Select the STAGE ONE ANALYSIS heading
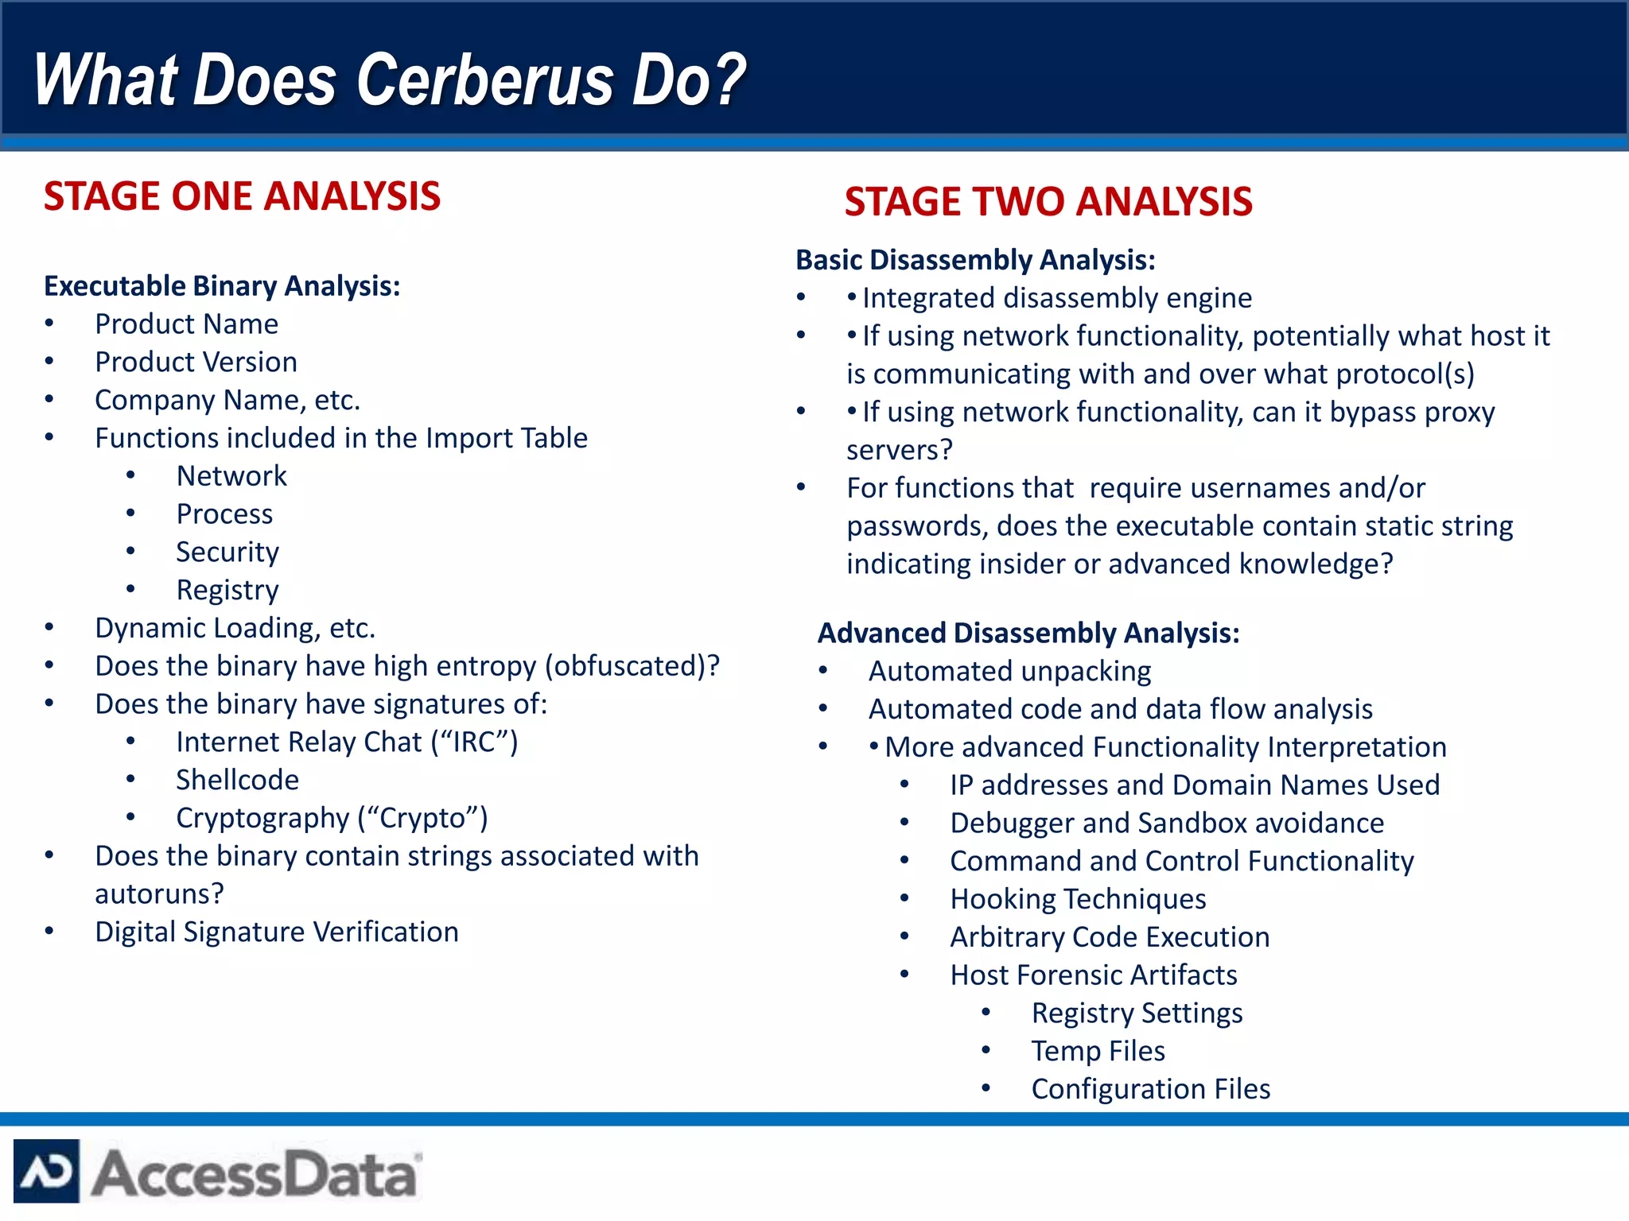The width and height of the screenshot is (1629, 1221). [242, 196]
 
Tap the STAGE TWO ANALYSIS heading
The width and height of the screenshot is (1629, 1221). [1048, 202]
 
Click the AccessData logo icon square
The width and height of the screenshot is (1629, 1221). [46, 1172]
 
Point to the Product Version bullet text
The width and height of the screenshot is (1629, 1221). [196, 362]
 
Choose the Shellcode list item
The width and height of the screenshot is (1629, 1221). [237, 780]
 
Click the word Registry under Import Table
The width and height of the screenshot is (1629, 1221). [227, 590]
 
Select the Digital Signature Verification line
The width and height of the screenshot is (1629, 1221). [276, 932]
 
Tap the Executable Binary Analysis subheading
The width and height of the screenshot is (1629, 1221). [222, 286]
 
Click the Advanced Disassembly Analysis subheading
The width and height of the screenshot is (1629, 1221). [1028, 634]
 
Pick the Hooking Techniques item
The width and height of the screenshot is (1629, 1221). [1078, 899]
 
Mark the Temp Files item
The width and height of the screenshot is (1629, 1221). [1098, 1051]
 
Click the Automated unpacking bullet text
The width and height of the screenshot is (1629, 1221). [1009, 672]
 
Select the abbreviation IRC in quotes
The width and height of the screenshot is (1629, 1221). [475, 742]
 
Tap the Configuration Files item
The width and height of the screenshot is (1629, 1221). [1150, 1089]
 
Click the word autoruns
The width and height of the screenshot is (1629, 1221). [159, 894]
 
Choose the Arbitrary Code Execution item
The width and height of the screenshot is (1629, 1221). [1110, 937]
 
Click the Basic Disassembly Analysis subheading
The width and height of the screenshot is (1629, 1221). [975, 260]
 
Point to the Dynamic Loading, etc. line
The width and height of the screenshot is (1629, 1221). [235, 628]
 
